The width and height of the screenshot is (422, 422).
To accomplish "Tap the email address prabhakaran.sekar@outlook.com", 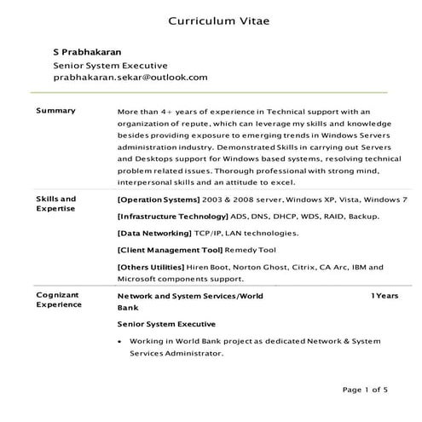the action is (x=130, y=77).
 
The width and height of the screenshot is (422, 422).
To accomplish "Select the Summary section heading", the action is (x=55, y=111).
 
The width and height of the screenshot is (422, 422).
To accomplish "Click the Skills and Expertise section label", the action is (x=55, y=203).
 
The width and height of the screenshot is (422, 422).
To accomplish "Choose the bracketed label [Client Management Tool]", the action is (x=169, y=250).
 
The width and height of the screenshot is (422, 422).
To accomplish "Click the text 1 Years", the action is (x=384, y=295).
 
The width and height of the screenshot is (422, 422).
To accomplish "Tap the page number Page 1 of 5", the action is (x=365, y=390).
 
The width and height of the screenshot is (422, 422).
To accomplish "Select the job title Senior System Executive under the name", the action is (x=110, y=64).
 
